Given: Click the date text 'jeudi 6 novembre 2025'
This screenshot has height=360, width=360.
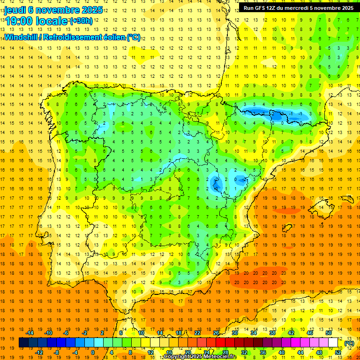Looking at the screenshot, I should pyautogui.click(x=54, y=10).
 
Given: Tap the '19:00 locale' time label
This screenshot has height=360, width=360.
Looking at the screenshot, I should pyautogui.click(x=37, y=21).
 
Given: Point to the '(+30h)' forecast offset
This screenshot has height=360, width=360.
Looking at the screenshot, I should pyautogui.click(x=81, y=21).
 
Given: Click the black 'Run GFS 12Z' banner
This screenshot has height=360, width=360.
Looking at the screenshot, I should pyautogui.click(x=298, y=7).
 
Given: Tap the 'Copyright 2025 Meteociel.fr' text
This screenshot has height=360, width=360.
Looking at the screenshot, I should pyautogui.click(x=200, y=357).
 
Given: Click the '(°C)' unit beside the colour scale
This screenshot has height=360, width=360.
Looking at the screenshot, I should pyautogui.click(x=349, y=343).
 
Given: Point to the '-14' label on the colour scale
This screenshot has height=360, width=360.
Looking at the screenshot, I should pyautogui.click(x=31, y=333).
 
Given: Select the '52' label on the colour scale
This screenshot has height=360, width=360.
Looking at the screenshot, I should pyautogui.click(x=338, y=352).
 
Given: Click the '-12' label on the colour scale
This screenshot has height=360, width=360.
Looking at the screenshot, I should pyautogui.click(x=40, y=352).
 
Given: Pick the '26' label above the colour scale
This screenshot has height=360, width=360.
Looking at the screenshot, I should pyautogui.click(x=216, y=333).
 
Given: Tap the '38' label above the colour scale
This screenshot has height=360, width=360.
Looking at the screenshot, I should pyautogui.click(x=272, y=333).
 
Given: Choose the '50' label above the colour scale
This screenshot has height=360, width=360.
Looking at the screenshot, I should pyautogui.click(x=328, y=333).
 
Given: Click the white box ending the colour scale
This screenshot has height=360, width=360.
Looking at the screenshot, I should pyautogui.click(x=333, y=343).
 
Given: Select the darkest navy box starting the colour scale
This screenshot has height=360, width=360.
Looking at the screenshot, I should pyautogui.click(x=23, y=343).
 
